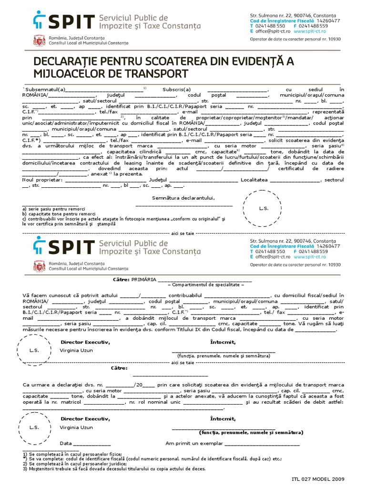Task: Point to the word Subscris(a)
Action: pyautogui.click(x=176, y=89)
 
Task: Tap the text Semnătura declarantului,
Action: pyautogui.click(x=183, y=198)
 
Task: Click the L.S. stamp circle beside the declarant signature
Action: pyautogui.click(x=264, y=209)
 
